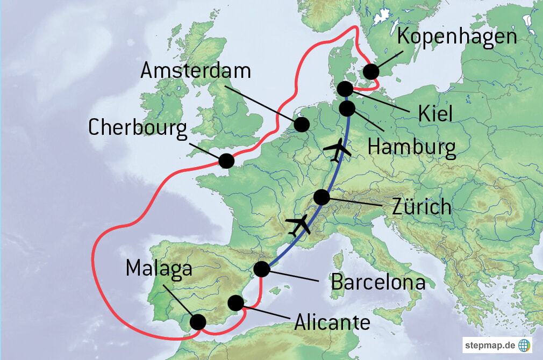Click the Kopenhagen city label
click(x=457, y=37)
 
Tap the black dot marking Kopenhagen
click(x=370, y=71)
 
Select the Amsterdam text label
click(x=196, y=70)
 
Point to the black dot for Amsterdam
click(x=302, y=125)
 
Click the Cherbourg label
click(x=138, y=128)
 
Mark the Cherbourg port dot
click(x=226, y=160)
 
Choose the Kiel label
click(x=436, y=113)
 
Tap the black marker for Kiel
click(x=345, y=89)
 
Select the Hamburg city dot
click(x=347, y=109)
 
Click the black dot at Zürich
click(x=321, y=197)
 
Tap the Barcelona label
click(x=378, y=282)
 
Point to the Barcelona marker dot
click(x=261, y=269)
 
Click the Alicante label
click(x=332, y=322)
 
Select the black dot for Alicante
click(x=235, y=303)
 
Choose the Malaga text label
click(x=159, y=268)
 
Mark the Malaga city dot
click(x=198, y=322)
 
